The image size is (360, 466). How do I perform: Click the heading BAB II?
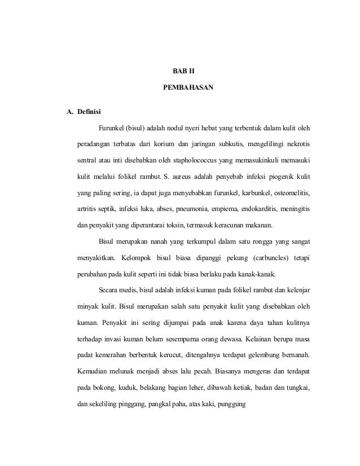click(183, 72)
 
